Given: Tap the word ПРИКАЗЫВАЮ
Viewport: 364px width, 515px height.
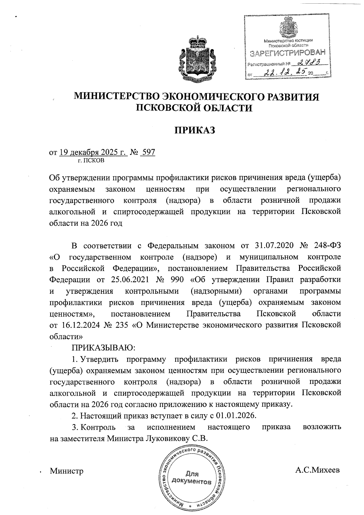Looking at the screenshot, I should click(x=103, y=347).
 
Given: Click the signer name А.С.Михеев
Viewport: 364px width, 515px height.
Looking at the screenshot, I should click(x=318, y=470).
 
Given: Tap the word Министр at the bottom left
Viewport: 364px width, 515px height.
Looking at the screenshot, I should click(x=67, y=471).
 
